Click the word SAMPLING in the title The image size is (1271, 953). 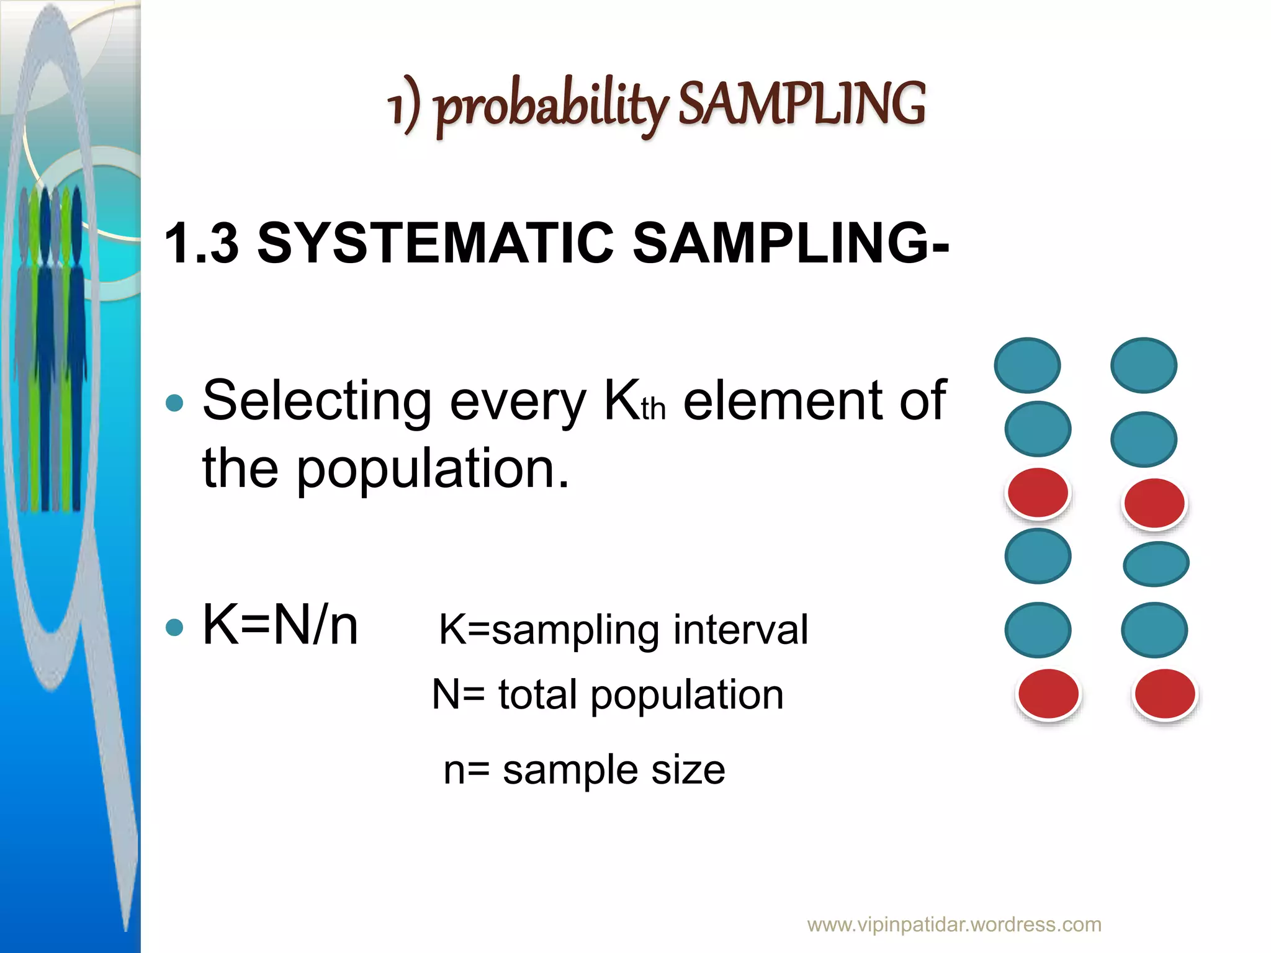(801, 104)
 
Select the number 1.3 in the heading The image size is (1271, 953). (202, 243)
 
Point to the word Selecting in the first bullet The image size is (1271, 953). (317, 401)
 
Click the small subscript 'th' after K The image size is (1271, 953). (653, 410)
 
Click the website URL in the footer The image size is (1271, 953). (954, 924)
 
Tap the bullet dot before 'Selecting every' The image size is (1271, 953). (175, 403)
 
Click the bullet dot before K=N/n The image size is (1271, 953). (175, 627)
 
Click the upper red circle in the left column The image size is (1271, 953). (1038, 493)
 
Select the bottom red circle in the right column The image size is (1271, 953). (1165, 694)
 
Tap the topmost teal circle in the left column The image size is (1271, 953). (1027, 365)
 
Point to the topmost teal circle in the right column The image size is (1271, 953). (1143, 365)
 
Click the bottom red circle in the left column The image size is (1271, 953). (1048, 694)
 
